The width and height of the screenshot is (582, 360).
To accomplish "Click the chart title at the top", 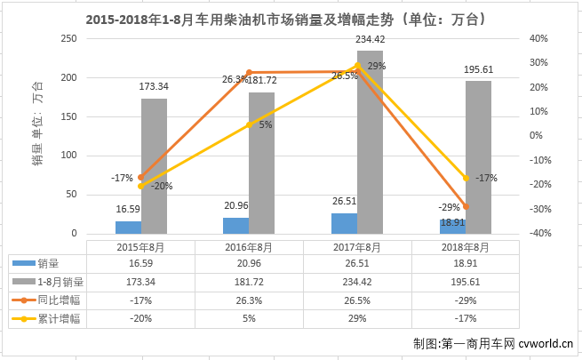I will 291,18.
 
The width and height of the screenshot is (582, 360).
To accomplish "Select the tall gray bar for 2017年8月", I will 370,142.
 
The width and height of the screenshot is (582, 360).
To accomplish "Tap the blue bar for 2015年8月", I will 128,228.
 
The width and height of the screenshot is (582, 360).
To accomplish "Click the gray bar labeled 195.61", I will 478,158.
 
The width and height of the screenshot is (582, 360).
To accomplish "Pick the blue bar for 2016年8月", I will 235,227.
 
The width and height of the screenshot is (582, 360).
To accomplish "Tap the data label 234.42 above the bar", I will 370,39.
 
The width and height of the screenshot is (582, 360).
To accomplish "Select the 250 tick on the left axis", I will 67,39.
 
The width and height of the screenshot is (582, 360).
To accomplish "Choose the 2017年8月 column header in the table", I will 358,247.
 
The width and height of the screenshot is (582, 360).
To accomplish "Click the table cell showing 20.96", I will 250,264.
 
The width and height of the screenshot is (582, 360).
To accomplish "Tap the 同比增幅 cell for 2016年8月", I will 250,300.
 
